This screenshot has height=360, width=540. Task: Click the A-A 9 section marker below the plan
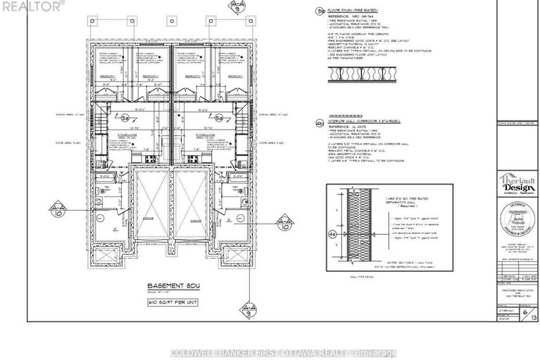click(x=249, y=311)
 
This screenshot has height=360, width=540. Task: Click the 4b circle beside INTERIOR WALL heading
click(x=322, y=122)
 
